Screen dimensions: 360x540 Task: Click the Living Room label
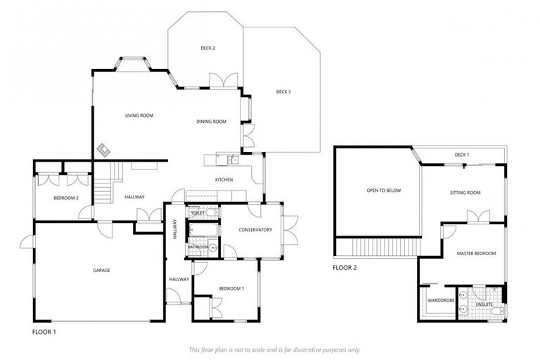pyautogui.click(x=139, y=115)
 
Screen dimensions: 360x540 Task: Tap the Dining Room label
pyautogui.click(x=211, y=122)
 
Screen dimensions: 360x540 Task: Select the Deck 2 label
pyautogui.click(x=207, y=48)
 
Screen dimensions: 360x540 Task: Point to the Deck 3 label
pyautogui.click(x=283, y=91)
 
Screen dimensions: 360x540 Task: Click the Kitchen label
pyautogui.click(x=224, y=180)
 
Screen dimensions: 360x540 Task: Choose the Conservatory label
pyautogui.click(x=255, y=229)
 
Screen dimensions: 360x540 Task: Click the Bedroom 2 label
pyautogui.click(x=65, y=198)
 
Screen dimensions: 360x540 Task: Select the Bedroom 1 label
pyautogui.click(x=231, y=288)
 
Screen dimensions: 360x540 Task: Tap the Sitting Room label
pyautogui.click(x=465, y=193)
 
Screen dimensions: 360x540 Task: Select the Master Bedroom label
pyautogui.click(x=476, y=253)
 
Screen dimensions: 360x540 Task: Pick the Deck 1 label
pyautogui.click(x=462, y=155)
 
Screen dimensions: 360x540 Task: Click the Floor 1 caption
pyautogui.click(x=44, y=331)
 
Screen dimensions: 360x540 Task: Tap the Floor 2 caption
pyautogui.click(x=345, y=268)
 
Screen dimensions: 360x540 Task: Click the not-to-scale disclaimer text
pyautogui.click(x=274, y=349)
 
